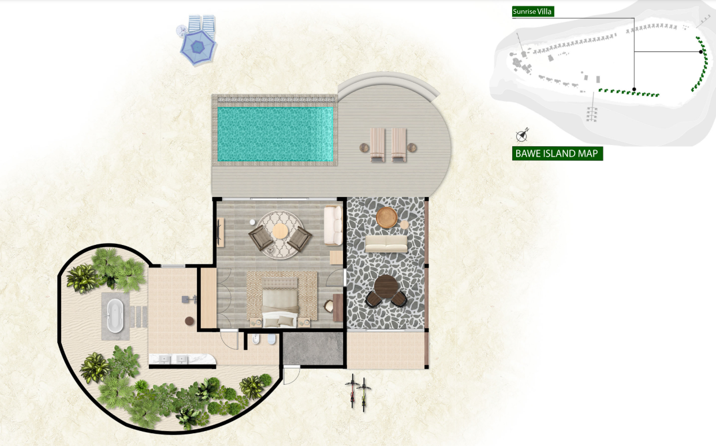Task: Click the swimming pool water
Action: tap(275, 134)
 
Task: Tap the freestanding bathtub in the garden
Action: tap(115, 316)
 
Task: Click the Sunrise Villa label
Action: tap(533, 12)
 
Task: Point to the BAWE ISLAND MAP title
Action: tap(557, 154)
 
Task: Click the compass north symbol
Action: tap(522, 136)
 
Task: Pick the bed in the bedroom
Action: tap(279, 302)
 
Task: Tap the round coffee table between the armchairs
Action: tap(280, 231)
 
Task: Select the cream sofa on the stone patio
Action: tap(386, 244)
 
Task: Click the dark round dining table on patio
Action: tap(386, 287)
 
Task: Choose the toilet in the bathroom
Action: tap(271, 339)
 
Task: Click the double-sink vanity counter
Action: tap(182, 359)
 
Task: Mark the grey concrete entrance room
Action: tap(313, 348)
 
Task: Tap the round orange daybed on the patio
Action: tap(386, 218)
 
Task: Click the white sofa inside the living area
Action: tap(333, 225)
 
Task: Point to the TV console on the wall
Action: tap(221, 232)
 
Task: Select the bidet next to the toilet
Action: tap(256, 340)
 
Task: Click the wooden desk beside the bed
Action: tap(338, 307)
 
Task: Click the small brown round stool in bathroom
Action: tap(189, 321)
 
